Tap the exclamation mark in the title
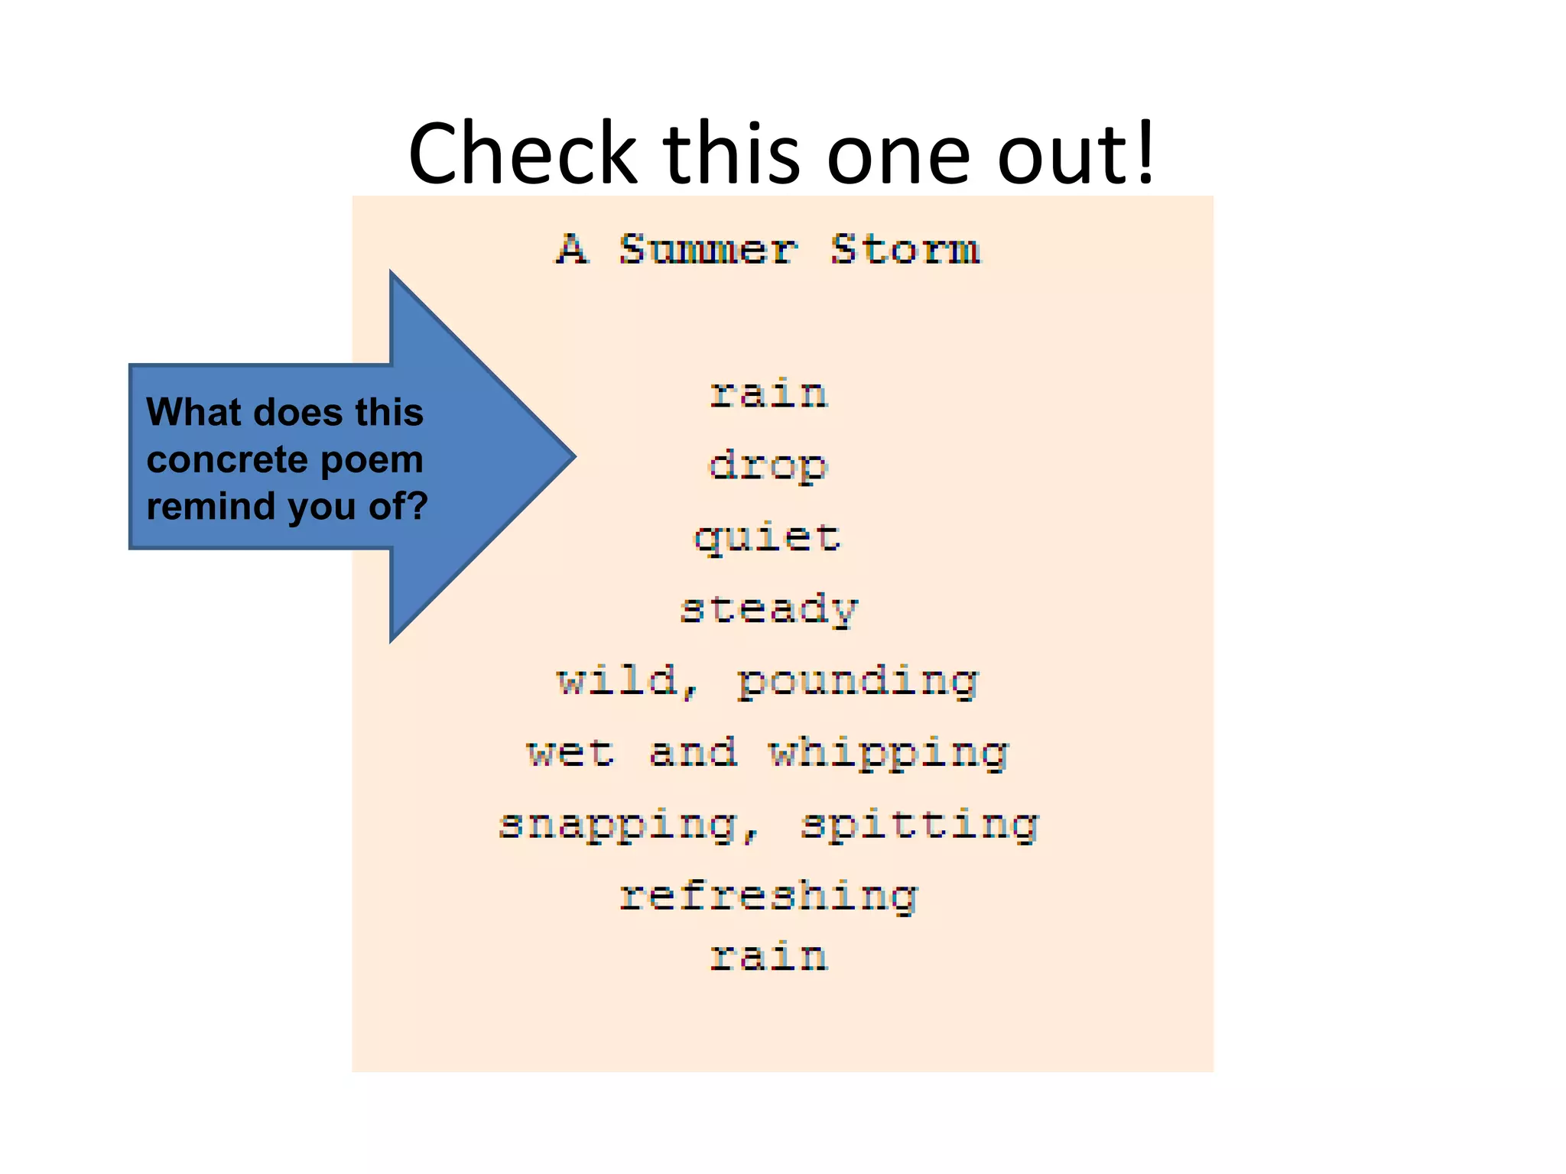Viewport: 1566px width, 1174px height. pyautogui.click(x=1145, y=154)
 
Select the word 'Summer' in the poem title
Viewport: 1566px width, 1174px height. pyautogui.click(x=708, y=250)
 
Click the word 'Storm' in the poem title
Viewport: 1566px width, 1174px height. pyautogui.click(x=905, y=250)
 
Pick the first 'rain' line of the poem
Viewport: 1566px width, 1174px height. pyautogui.click(x=768, y=394)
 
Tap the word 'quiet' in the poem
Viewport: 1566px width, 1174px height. pyautogui.click(x=768, y=538)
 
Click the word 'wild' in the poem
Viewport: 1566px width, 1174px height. pyautogui.click(x=618, y=680)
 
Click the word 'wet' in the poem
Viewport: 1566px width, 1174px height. pyautogui.click(x=570, y=752)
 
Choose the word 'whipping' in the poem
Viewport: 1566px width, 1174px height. pyautogui.click(x=889, y=754)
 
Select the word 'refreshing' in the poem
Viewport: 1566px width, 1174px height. pyautogui.click(x=768, y=897)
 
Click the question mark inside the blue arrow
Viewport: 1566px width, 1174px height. pyautogui.click(x=417, y=505)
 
